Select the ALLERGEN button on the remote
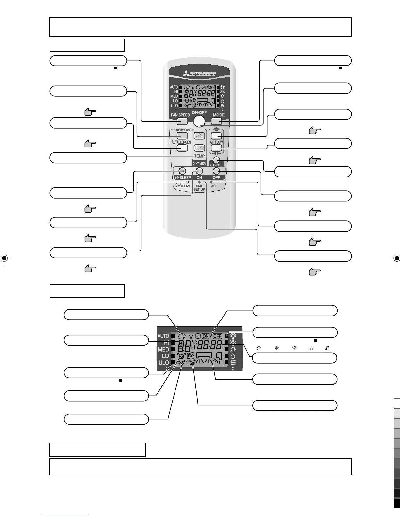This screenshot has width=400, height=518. coord(182,148)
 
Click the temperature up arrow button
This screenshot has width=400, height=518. coord(199,136)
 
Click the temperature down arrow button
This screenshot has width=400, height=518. coord(199,148)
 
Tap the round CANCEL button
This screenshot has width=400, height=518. coord(216,160)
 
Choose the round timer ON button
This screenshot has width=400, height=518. coord(199,171)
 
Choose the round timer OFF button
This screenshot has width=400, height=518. coord(216,171)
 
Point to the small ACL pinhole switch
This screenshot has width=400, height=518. coord(211,181)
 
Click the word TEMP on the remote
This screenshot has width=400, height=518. coord(199,156)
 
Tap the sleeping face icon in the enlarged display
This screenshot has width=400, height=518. coord(182,335)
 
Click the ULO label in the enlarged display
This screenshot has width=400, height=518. coord(164,363)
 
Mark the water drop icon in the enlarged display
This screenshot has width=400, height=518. coord(233,355)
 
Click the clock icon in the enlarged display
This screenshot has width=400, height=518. coord(198,336)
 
